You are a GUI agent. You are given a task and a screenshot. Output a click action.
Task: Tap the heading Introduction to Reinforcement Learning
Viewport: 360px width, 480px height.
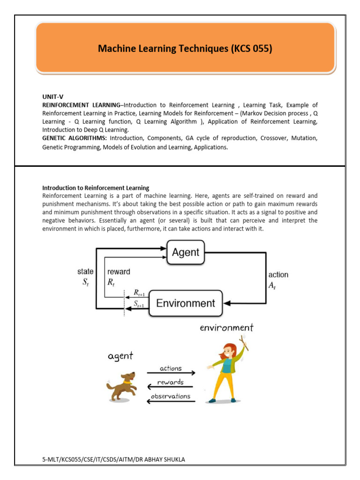click(96, 187)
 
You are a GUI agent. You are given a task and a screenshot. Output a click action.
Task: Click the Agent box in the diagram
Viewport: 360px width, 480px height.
click(186, 252)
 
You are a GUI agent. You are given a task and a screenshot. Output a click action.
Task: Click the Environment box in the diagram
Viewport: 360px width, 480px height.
click(186, 303)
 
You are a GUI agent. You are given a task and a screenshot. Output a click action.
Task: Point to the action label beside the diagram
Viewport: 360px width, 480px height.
click(278, 275)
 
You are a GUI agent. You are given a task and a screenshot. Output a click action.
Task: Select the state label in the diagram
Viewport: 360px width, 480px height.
click(85, 271)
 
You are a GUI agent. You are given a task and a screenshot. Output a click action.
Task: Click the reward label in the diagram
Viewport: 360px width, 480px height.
click(119, 271)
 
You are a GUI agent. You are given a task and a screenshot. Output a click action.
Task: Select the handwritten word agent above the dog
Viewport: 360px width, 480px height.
click(120, 356)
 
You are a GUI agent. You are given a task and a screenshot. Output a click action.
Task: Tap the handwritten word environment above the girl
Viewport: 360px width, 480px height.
click(226, 328)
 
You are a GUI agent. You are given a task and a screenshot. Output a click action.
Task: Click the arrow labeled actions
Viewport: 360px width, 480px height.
click(171, 373)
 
